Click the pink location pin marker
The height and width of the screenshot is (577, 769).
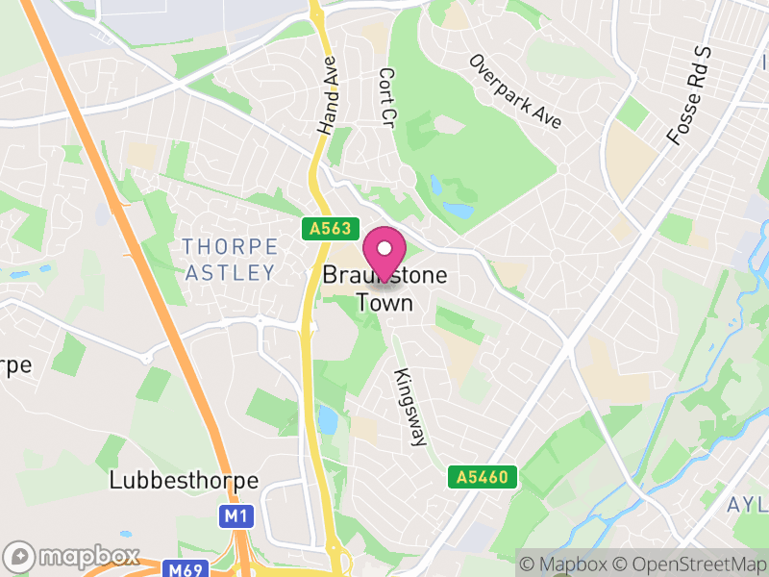pyautogui.click(x=384, y=253)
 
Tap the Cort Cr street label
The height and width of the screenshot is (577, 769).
pyautogui.click(x=387, y=98)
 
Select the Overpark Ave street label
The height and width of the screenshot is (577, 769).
pyautogui.click(x=515, y=91)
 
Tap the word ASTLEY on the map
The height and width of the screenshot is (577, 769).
pyautogui.click(x=230, y=273)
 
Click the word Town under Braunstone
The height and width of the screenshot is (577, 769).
pyautogui.click(x=384, y=303)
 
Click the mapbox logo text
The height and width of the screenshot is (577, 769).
pyautogui.click(x=87, y=557)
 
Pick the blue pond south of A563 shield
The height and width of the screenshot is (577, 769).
pyautogui.click(x=327, y=419)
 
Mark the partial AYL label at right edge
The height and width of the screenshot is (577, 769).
pyautogui.click(x=747, y=505)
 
